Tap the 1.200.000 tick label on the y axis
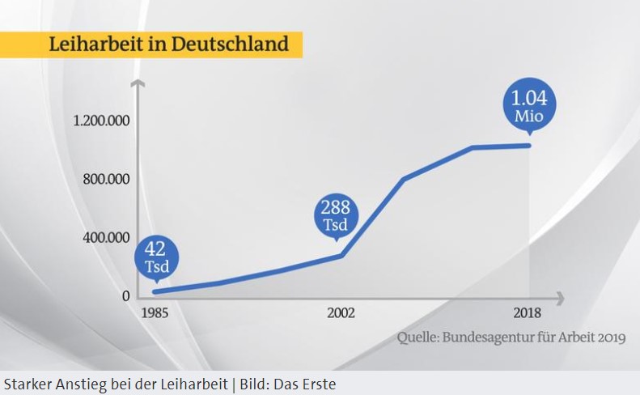click(x=101, y=121)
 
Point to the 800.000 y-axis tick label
click(x=106, y=179)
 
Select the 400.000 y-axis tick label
click(x=106, y=237)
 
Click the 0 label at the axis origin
click(x=125, y=295)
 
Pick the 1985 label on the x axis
click(x=154, y=313)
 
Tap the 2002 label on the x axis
click(x=341, y=313)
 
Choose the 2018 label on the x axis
click(x=528, y=313)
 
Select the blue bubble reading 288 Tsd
click(x=335, y=214)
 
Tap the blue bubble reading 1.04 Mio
click(x=530, y=106)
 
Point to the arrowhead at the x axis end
click(x=560, y=296)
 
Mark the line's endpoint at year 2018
click(x=530, y=146)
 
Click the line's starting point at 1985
click(x=154, y=291)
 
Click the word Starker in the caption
click(x=26, y=383)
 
